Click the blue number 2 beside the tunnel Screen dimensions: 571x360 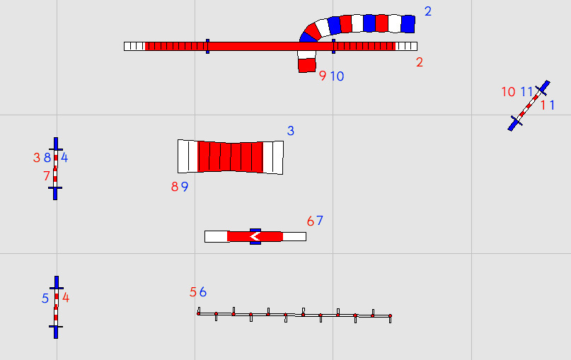[x=428, y=11]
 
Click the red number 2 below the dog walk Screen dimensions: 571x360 [x=420, y=62]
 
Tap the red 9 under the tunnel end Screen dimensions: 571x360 [x=323, y=76]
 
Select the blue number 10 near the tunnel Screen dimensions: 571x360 [x=338, y=76]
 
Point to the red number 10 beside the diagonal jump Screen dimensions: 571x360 [x=508, y=92]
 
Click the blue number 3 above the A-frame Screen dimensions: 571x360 [x=291, y=131]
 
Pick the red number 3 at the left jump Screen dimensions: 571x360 [x=36, y=158]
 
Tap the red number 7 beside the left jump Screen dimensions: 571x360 [x=46, y=176]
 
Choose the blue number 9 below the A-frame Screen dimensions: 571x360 [x=185, y=187]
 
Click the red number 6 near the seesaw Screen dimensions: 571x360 [x=310, y=221]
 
